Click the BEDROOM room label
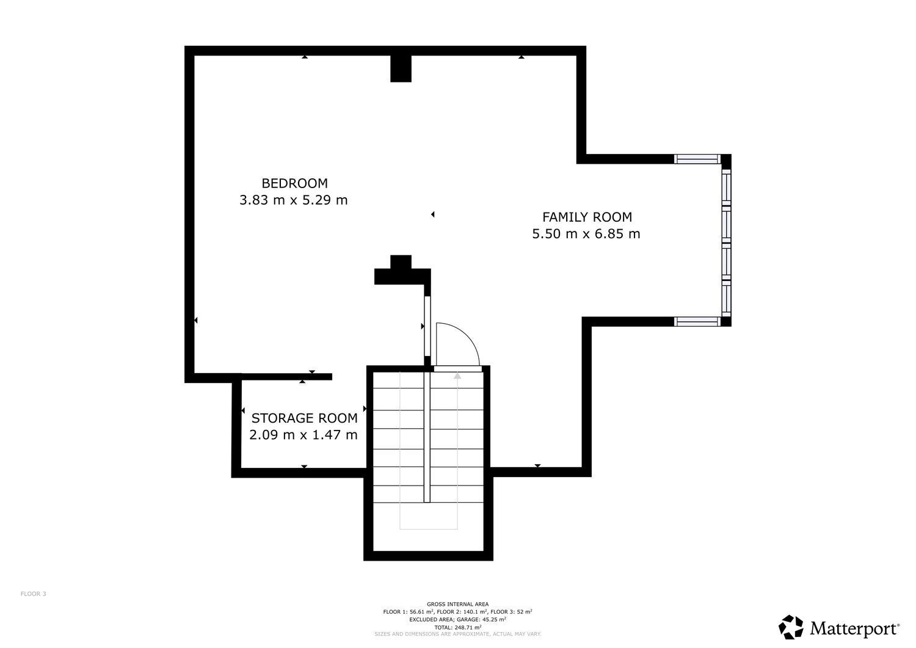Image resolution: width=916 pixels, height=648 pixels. pyautogui.click(x=294, y=183)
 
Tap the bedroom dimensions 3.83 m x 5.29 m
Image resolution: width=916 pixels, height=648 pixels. pyautogui.click(x=293, y=200)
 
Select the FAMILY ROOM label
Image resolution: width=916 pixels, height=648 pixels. pyautogui.click(x=587, y=217)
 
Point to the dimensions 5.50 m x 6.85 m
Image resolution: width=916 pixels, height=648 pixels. pyautogui.click(x=586, y=233)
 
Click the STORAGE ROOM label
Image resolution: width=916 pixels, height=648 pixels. pyautogui.click(x=304, y=418)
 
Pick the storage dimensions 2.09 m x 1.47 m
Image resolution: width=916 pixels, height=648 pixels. pyautogui.click(x=304, y=434)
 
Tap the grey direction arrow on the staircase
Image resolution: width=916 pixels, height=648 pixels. pyautogui.click(x=457, y=450)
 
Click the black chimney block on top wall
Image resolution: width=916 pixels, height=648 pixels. pyautogui.click(x=401, y=69)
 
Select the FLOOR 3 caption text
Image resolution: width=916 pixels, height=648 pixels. pyautogui.click(x=34, y=594)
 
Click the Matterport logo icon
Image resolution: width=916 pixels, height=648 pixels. pyautogui.click(x=791, y=627)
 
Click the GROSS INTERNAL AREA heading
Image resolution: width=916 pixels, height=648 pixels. pyautogui.click(x=457, y=604)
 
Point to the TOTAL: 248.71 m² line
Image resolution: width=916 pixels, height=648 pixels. pyautogui.click(x=457, y=627)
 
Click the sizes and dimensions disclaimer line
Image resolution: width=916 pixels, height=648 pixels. pyautogui.click(x=457, y=634)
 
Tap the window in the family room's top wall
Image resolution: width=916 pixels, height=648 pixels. pyautogui.click(x=697, y=159)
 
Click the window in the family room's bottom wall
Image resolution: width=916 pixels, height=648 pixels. pyautogui.click(x=697, y=321)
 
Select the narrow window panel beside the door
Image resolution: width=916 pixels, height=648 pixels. pyautogui.click(x=427, y=326)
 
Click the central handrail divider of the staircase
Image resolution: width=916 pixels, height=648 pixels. pyautogui.click(x=427, y=437)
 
